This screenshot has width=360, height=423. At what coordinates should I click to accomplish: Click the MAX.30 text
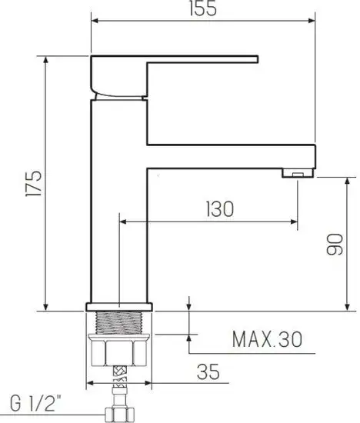click(x=265, y=339)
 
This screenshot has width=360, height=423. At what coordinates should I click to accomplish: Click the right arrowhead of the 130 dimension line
click(x=295, y=223)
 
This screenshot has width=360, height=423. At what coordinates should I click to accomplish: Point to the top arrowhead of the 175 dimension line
click(x=47, y=62)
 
